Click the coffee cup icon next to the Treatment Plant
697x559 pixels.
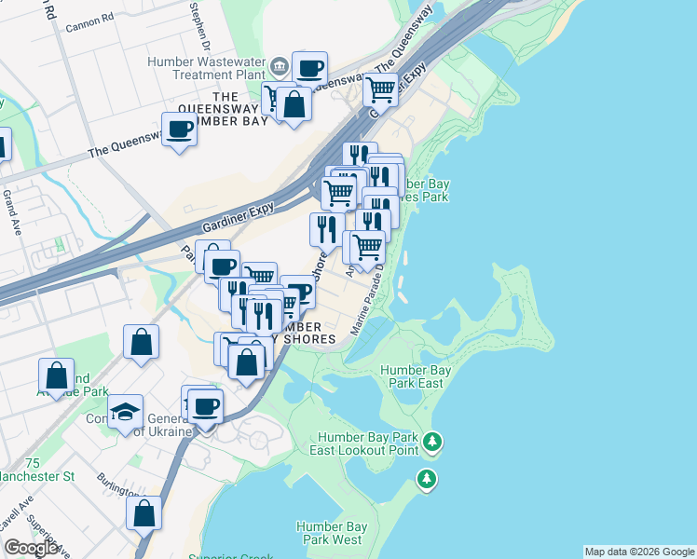[x=309, y=68]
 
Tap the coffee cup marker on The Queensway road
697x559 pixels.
[x=179, y=129]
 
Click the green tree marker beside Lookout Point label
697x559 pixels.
[x=431, y=441]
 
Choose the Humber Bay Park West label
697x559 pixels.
[x=329, y=533]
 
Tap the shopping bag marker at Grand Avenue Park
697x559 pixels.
[x=56, y=376]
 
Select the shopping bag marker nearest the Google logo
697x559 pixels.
[x=143, y=512]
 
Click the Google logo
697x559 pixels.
[x=31, y=548]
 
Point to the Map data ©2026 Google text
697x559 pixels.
[x=639, y=552]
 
